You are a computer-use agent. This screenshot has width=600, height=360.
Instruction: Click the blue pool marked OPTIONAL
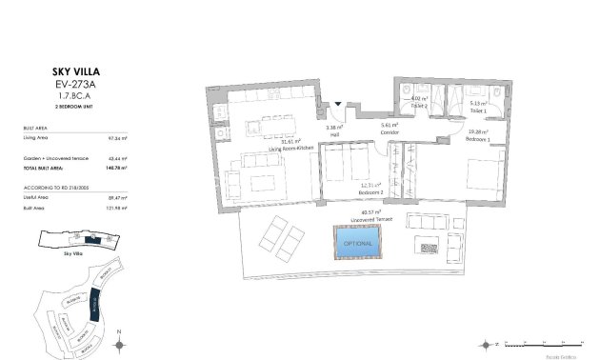click(355, 243)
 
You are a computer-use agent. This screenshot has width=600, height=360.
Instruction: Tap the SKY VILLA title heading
click(56, 70)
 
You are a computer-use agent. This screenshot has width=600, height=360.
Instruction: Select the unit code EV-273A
click(56, 84)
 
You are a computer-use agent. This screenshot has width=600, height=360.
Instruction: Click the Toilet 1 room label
click(478, 110)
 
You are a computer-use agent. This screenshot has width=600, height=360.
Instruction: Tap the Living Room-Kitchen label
click(290, 149)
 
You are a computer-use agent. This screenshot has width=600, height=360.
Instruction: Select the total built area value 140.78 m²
click(118, 167)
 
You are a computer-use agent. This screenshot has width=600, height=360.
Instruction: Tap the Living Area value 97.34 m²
click(118, 138)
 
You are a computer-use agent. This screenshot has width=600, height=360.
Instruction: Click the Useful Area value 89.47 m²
click(118, 198)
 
